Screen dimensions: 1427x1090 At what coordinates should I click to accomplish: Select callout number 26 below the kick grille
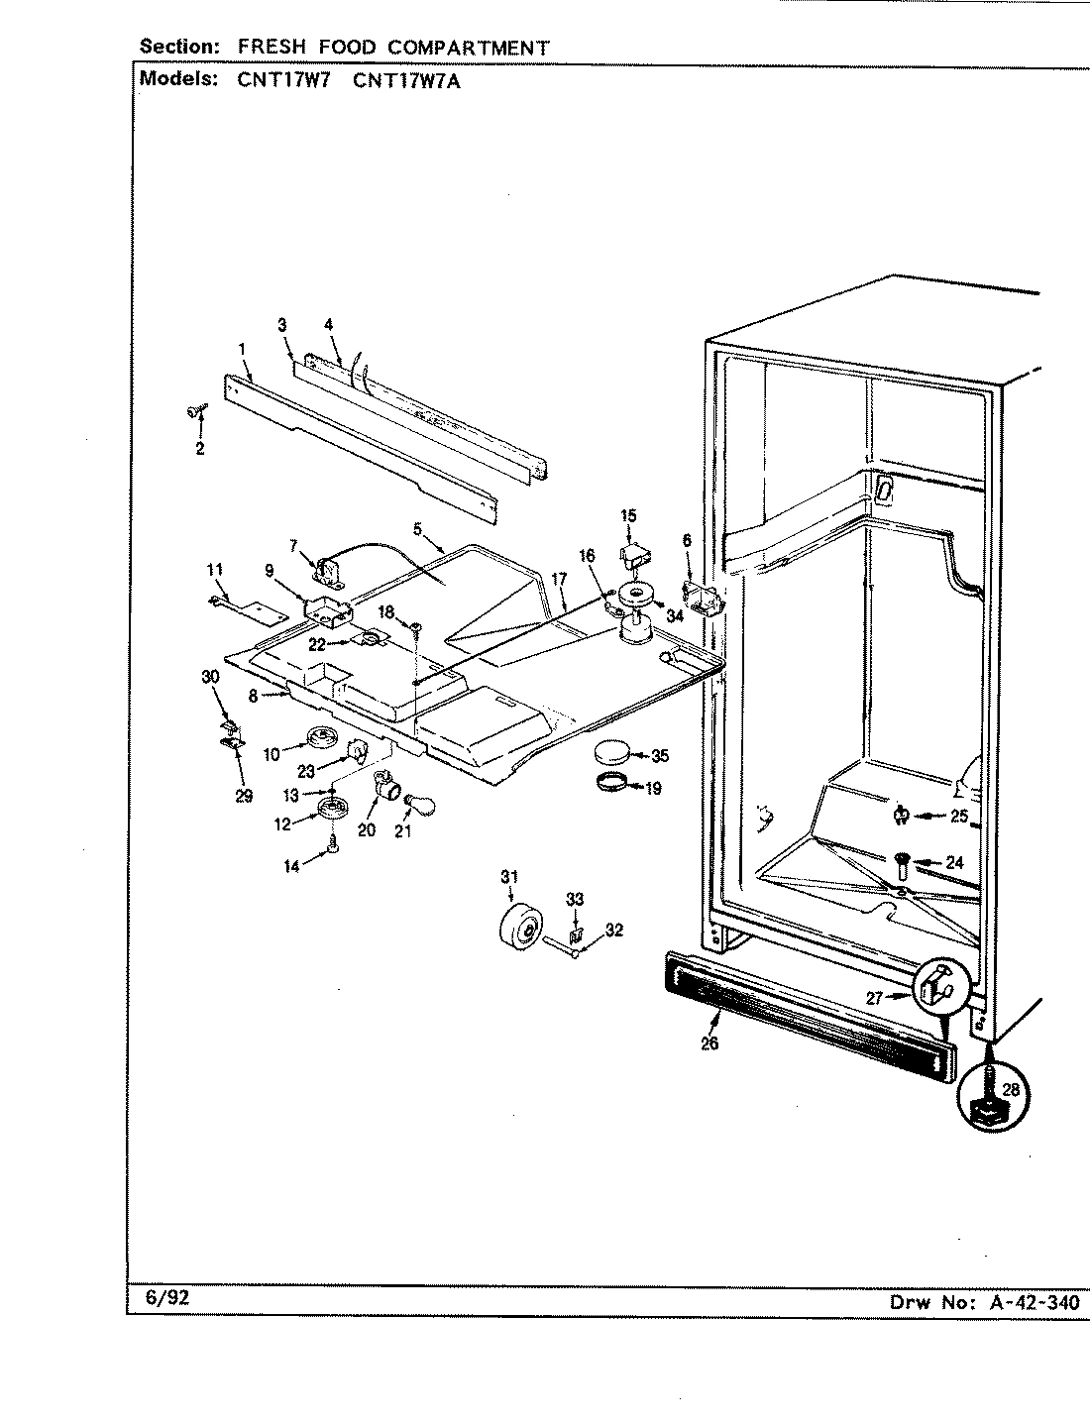(709, 1043)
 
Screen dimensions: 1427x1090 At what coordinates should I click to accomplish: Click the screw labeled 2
(195, 412)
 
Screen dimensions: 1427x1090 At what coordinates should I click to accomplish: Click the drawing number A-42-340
(1035, 1302)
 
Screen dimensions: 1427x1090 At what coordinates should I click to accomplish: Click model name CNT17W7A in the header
(406, 81)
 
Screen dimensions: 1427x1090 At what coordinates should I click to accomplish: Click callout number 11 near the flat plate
(214, 570)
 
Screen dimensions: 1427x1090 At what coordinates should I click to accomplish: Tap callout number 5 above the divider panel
(418, 529)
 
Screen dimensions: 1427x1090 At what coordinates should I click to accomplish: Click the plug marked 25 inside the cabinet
(901, 816)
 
